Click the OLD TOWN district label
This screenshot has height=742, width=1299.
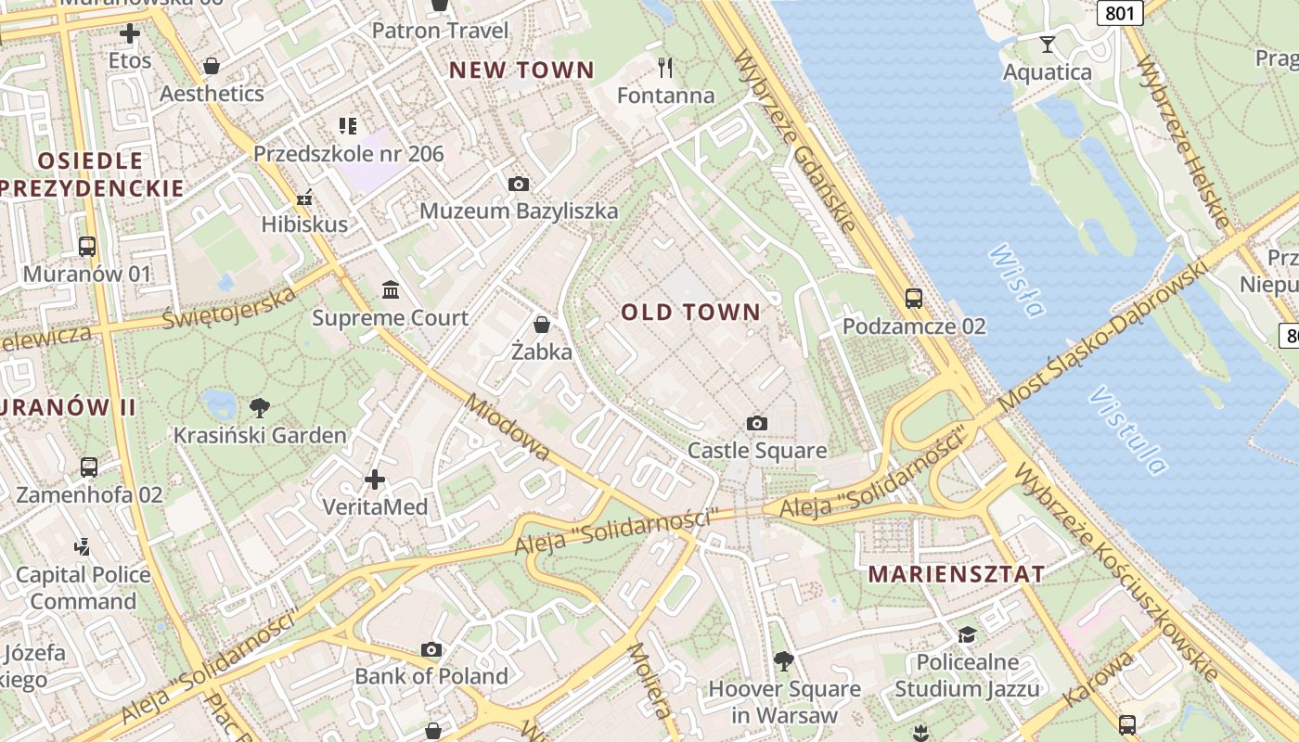click(x=690, y=313)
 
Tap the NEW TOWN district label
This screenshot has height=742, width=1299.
click(x=521, y=70)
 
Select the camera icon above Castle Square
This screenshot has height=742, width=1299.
click(x=757, y=424)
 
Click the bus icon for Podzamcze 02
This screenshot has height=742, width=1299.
click(x=914, y=299)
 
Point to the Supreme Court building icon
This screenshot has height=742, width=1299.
click(x=391, y=291)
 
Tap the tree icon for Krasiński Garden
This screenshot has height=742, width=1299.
click(x=261, y=407)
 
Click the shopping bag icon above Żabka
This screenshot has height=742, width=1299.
click(x=542, y=325)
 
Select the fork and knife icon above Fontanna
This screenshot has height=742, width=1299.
click(x=665, y=68)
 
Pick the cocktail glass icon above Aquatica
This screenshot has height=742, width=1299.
click(x=1048, y=45)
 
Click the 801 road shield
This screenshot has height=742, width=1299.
click(x=1120, y=12)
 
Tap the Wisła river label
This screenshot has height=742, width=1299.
click(x=1016, y=280)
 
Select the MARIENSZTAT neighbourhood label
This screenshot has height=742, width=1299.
click(x=956, y=574)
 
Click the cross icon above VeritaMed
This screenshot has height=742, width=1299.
click(x=375, y=480)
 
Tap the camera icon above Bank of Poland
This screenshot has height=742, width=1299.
click(x=431, y=649)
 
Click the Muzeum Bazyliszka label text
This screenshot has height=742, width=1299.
click(x=519, y=211)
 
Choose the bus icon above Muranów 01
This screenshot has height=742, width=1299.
click(x=87, y=247)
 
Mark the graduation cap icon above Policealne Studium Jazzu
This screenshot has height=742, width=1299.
click(x=968, y=635)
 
